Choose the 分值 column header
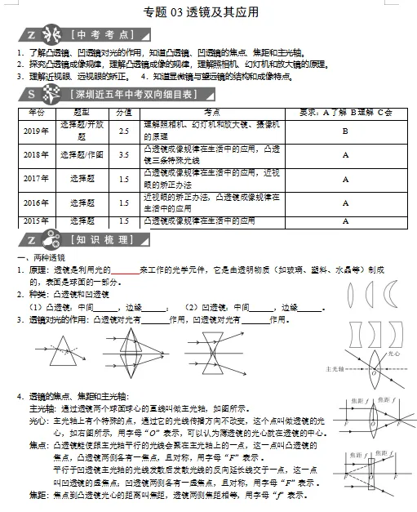click(123, 111)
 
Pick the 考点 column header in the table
click(212, 111)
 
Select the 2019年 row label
click(36, 131)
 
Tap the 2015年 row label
click(36, 220)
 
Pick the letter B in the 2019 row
click(345, 131)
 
